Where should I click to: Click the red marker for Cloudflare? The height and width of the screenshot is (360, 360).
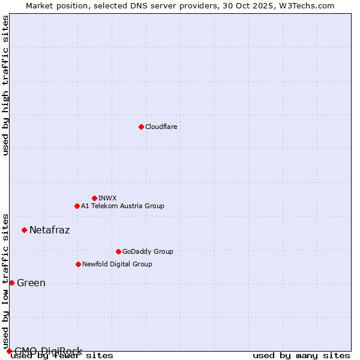click(x=141, y=127)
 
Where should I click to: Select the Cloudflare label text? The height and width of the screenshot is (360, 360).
click(x=161, y=127)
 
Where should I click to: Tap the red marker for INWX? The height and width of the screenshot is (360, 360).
click(x=94, y=198)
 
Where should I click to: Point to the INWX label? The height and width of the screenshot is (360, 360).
click(x=107, y=199)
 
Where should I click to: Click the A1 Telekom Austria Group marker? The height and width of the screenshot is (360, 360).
click(x=77, y=206)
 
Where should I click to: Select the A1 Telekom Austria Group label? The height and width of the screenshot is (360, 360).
click(x=122, y=206)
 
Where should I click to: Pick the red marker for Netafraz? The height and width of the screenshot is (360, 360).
click(x=24, y=230)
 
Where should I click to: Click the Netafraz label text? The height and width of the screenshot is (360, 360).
click(x=49, y=230)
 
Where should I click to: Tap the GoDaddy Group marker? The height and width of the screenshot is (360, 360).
click(x=118, y=251)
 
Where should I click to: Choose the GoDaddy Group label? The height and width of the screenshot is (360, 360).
click(x=148, y=252)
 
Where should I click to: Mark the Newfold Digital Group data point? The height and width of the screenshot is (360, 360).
click(x=78, y=264)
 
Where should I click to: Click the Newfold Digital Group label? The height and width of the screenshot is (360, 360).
click(x=117, y=265)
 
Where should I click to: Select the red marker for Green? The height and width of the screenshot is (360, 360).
click(x=11, y=283)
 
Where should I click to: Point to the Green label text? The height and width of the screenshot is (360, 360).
click(x=31, y=283)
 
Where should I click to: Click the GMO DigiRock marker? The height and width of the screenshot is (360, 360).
click(x=9, y=351)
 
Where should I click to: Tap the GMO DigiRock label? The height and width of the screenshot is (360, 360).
click(x=48, y=351)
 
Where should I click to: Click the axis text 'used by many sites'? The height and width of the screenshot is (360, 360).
click(x=301, y=356)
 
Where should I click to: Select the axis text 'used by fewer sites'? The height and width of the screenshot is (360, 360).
click(x=62, y=356)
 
